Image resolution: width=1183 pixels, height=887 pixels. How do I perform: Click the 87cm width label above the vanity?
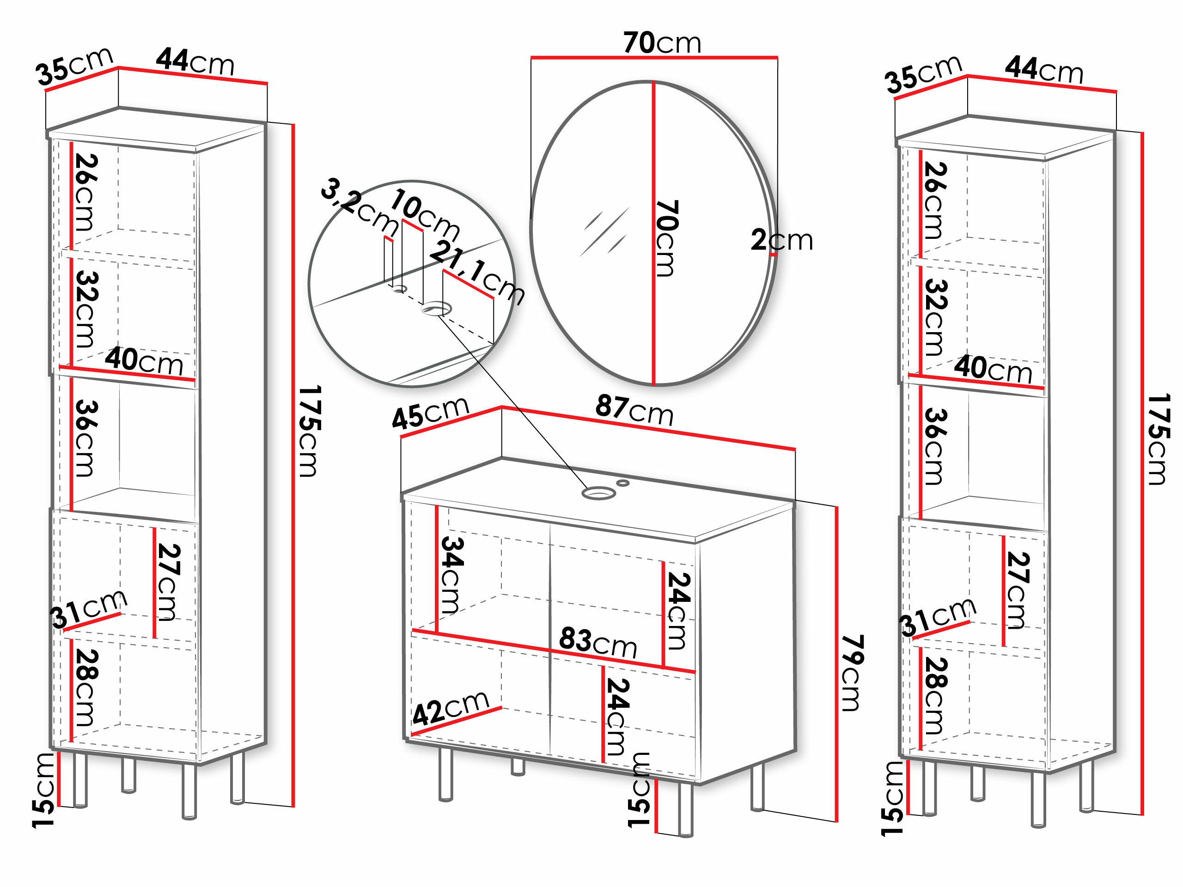(x=634, y=410)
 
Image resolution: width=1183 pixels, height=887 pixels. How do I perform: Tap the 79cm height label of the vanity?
(x=851, y=673)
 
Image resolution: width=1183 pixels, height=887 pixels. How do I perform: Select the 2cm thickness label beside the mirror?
(x=781, y=240)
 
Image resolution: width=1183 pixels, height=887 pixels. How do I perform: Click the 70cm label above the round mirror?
(x=662, y=43)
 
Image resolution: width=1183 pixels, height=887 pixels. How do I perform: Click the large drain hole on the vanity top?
(x=598, y=492)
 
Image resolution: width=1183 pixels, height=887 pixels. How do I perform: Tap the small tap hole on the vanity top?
(x=623, y=483)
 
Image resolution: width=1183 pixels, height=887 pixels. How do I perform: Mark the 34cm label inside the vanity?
(x=451, y=575)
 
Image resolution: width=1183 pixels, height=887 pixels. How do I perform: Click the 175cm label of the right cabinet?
(x=1159, y=439)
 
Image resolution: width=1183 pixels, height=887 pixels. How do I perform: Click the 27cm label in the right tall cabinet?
(x=1018, y=590)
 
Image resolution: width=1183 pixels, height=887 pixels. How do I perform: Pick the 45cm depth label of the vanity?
(x=431, y=413)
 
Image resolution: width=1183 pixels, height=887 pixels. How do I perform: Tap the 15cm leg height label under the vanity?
(x=640, y=790)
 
